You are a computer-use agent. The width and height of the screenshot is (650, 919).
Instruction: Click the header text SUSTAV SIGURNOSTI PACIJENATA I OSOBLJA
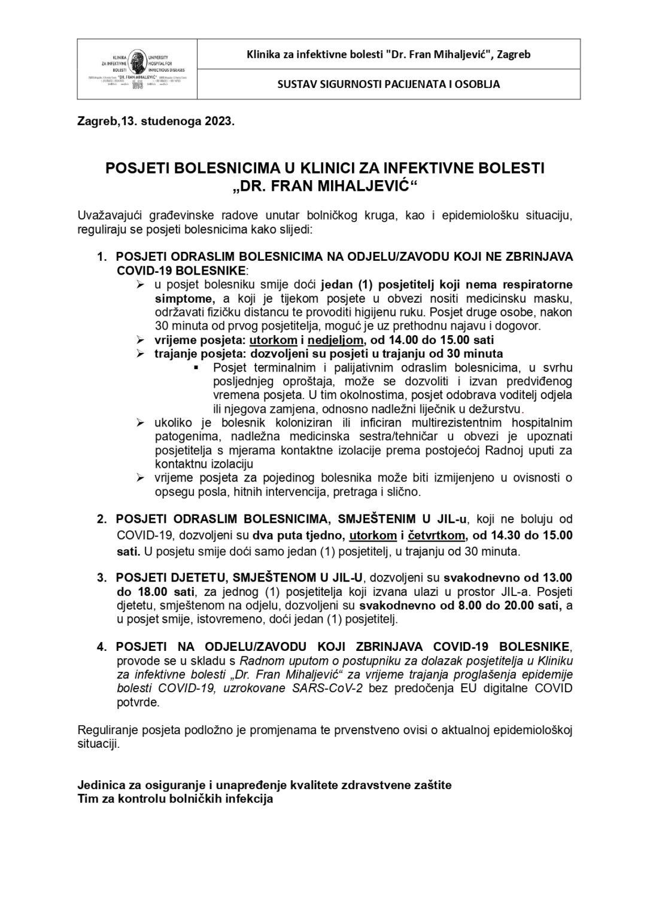point(388,84)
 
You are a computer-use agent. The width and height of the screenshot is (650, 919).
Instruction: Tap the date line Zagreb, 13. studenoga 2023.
point(156,121)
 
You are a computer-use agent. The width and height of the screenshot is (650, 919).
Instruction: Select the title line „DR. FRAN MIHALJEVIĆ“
point(324,187)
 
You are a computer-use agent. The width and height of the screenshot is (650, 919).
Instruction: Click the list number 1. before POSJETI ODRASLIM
point(102,257)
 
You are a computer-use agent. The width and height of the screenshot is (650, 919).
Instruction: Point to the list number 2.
point(102,518)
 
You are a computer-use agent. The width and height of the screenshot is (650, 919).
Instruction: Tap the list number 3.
point(102,577)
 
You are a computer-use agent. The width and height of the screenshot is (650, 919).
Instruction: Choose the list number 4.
point(102,647)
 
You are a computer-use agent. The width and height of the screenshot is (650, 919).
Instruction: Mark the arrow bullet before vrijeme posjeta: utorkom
point(141,340)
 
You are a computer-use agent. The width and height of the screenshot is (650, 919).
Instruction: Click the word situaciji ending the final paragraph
point(99,744)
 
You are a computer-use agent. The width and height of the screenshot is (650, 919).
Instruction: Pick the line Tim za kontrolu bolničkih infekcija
point(175,799)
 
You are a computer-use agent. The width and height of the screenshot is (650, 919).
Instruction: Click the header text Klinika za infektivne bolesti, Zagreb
point(388,54)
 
